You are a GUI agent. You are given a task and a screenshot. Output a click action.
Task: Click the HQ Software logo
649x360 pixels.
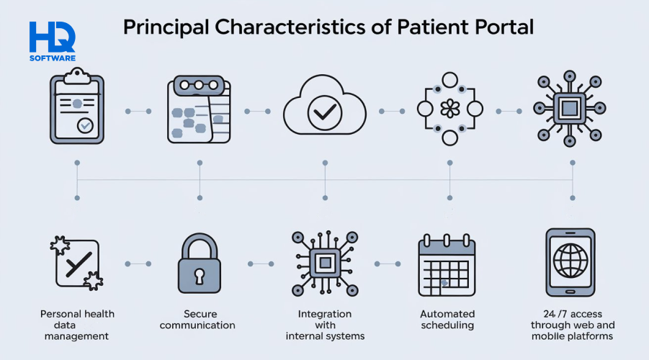pyautogui.click(x=52, y=41)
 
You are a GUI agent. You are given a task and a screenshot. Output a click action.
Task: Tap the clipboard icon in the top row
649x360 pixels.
pyautogui.click(x=76, y=107)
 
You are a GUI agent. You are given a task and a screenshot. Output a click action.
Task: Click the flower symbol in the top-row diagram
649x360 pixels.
pyautogui.click(x=449, y=109)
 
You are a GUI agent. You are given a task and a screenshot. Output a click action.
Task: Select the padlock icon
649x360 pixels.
pyautogui.click(x=198, y=264)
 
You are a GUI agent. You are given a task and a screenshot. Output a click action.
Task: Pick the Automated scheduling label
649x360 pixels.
pyautogui.click(x=447, y=320)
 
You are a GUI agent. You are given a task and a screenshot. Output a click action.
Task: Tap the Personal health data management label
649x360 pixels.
pyautogui.click(x=77, y=325)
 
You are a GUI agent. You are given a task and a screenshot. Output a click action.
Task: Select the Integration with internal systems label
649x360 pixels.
pyautogui.click(x=325, y=325)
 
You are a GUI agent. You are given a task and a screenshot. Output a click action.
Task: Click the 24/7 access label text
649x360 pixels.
pyautogui.click(x=573, y=325)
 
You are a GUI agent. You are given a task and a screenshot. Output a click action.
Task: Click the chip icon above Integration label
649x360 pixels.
pyautogui.click(x=325, y=263)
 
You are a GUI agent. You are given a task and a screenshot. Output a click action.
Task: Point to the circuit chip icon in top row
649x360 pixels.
pyautogui.click(x=569, y=109)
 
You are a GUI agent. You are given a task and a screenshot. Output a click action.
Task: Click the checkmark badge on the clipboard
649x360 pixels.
pyautogui.click(x=86, y=126)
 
